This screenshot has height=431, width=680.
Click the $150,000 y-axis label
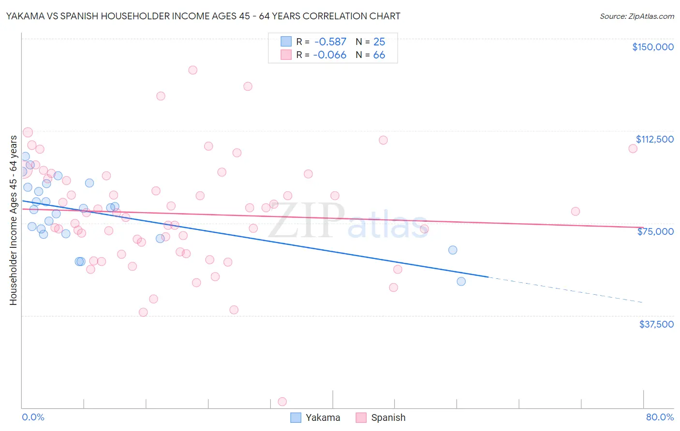652,47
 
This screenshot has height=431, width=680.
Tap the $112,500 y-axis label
654,139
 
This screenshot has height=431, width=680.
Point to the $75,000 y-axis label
655,231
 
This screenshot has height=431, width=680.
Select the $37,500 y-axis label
656,324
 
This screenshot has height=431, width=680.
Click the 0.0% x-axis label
33,417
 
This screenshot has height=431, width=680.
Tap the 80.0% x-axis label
660,417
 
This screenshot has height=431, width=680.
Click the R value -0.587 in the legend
330,42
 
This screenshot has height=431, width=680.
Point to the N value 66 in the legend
379,55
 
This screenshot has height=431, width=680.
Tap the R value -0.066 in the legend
330,55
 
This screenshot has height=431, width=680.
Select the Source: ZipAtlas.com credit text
636,16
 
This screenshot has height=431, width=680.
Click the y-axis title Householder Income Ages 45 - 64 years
14,220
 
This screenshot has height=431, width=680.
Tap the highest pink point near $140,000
192,70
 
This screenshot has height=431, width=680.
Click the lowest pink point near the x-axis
282,402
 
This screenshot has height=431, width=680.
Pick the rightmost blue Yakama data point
461,281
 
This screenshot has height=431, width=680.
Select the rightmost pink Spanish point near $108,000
633,148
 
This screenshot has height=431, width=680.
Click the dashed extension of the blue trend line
566,290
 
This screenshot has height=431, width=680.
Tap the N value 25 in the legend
379,42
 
